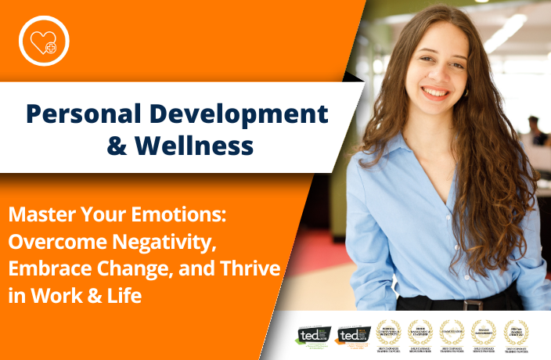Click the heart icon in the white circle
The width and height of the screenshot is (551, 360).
(45, 41)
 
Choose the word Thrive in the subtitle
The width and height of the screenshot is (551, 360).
(252, 268)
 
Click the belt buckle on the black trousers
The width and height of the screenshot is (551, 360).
(469, 304)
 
